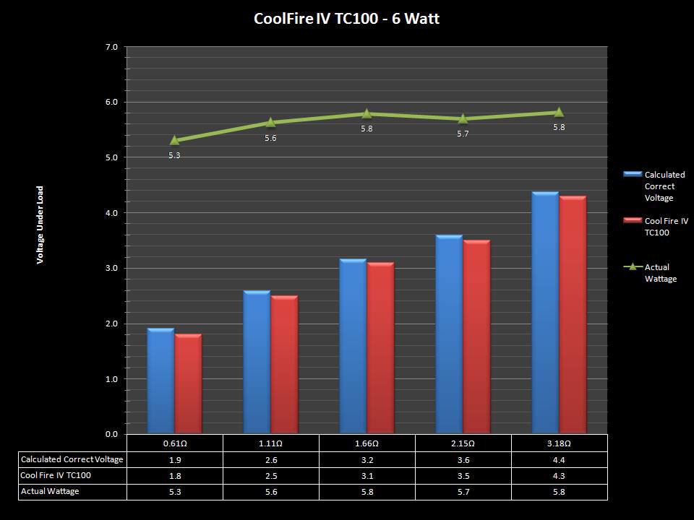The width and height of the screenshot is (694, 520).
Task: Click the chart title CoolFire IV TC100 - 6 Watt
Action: click(x=346, y=19)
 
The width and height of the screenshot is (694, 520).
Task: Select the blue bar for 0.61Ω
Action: click(x=160, y=381)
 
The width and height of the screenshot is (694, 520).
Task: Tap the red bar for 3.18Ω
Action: click(x=573, y=315)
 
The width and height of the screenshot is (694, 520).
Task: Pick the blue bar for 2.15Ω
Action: click(x=449, y=334)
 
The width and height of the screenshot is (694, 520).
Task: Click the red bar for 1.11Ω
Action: click(x=284, y=365)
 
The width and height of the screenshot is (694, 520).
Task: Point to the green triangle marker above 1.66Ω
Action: click(x=367, y=113)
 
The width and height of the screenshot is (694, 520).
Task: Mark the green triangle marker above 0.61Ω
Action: click(x=174, y=139)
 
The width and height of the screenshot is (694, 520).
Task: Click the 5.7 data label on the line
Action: click(x=463, y=134)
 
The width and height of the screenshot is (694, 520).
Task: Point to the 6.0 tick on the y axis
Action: click(x=111, y=103)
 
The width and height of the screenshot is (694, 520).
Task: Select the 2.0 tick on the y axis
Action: click(x=111, y=324)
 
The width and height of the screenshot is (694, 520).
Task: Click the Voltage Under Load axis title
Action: click(x=40, y=225)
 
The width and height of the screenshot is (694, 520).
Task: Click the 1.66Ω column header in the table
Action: click(x=367, y=443)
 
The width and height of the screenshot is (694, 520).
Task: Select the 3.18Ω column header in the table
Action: click(x=559, y=443)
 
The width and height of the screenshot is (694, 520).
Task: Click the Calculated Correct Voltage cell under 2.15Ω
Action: click(x=463, y=459)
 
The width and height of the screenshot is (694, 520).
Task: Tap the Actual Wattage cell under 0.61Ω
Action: click(x=174, y=491)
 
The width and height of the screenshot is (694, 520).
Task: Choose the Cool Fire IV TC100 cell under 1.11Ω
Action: click(x=270, y=475)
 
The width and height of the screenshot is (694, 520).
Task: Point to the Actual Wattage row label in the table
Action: click(x=50, y=491)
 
